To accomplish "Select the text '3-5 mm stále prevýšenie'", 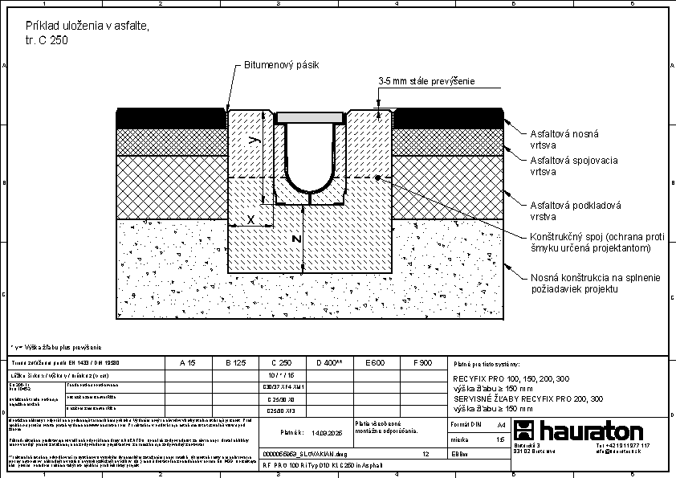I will click(x=427, y=81).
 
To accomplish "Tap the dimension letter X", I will click(x=250, y=219).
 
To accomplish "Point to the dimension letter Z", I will click(x=295, y=239).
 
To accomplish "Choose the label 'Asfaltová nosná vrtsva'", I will click(x=564, y=140).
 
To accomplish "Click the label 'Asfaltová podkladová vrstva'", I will click(x=575, y=211).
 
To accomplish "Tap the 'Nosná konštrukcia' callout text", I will click(x=595, y=283).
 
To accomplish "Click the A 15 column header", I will click(x=187, y=363).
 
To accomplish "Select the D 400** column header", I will click(x=328, y=363).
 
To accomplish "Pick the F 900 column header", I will click(x=421, y=363).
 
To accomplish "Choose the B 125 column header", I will click(x=234, y=363).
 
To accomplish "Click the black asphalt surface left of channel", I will click(x=171, y=117).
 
